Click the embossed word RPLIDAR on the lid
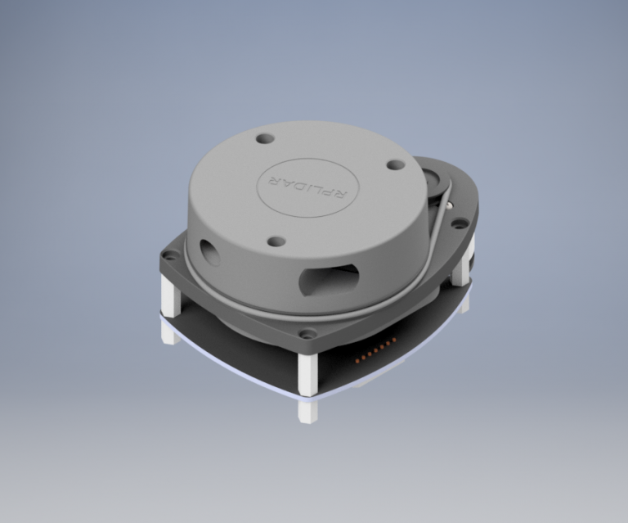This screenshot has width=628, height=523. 303,187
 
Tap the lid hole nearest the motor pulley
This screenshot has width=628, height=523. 395,165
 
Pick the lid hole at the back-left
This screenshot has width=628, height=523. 263,138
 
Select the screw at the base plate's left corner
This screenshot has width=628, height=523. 169,255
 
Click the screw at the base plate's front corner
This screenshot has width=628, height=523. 307,334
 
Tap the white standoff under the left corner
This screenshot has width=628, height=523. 170,297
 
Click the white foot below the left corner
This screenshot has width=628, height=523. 169,333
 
